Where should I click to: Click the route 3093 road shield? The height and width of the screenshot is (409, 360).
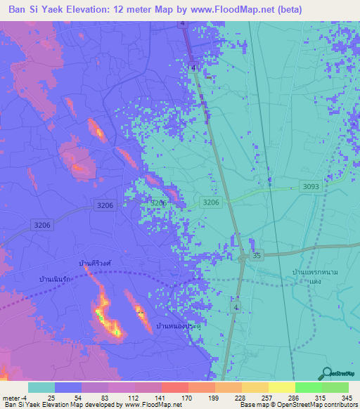311,186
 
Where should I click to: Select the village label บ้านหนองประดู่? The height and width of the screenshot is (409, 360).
179,327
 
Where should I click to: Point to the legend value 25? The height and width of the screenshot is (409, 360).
51,398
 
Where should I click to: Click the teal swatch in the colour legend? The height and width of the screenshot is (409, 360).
41,387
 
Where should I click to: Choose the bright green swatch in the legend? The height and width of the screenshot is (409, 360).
309,387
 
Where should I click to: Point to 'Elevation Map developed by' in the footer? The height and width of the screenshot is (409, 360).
81,405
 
